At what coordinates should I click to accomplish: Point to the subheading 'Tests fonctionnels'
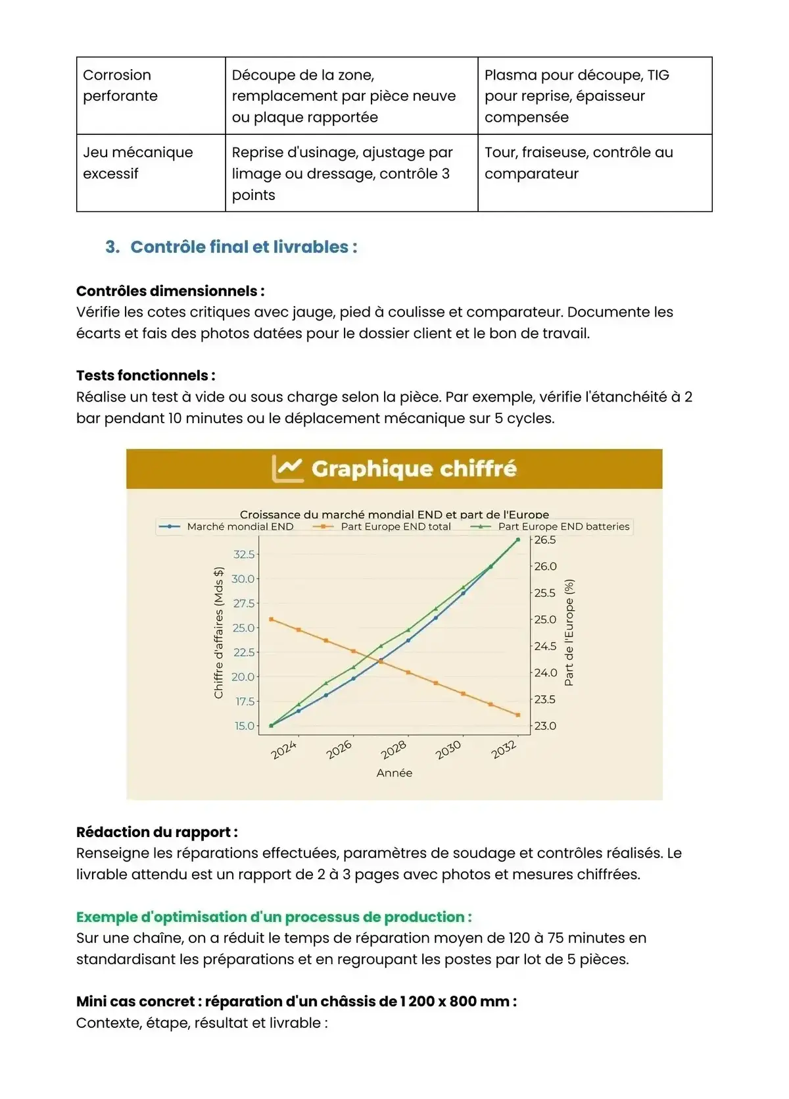tap(145, 375)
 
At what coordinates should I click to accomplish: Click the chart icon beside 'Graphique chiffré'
tap(287, 469)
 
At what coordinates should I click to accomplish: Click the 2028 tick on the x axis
tap(394, 750)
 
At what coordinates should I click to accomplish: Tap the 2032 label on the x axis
tap(504, 750)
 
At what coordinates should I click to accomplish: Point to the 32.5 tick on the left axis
tap(244, 554)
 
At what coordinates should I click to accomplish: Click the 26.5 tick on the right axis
tap(545, 540)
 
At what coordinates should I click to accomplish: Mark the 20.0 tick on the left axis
tap(243, 677)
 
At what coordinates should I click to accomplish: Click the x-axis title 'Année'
tap(394, 773)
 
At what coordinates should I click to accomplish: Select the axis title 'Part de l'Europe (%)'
tap(569, 632)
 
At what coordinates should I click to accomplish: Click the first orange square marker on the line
tap(271, 619)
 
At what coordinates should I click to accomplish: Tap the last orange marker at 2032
tap(518, 715)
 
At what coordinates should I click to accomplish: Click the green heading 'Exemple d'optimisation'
tap(274, 917)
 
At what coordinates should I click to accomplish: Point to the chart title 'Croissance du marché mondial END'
tap(394, 514)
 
